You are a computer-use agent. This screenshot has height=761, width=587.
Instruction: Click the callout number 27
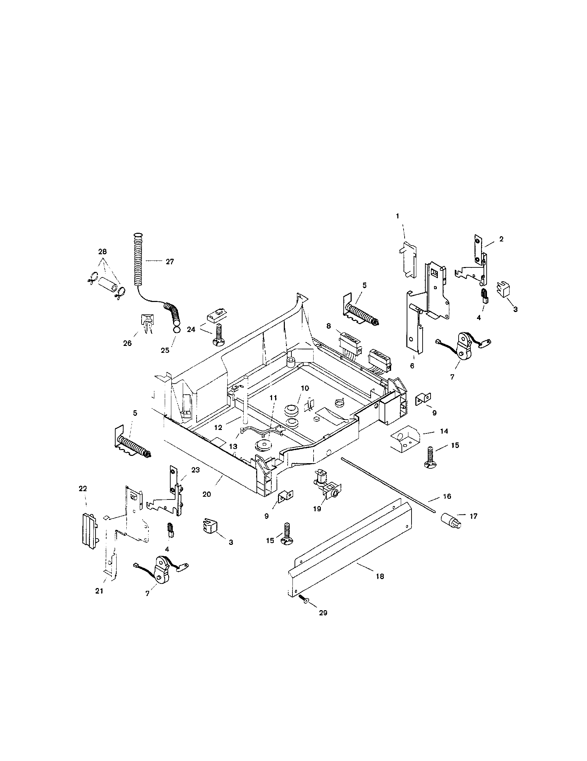click(169, 262)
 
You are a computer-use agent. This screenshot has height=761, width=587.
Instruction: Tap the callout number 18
click(380, 576)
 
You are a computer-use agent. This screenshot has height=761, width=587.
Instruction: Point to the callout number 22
click(83, 488)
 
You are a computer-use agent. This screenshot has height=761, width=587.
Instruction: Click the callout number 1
click(397, 216)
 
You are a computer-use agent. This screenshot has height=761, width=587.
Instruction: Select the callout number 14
click(444, 431)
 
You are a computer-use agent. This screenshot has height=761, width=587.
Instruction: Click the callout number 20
click(207, 494)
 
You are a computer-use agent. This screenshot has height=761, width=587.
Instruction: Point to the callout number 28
click(102, 251)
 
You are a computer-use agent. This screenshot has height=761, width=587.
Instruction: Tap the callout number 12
click(218, 427)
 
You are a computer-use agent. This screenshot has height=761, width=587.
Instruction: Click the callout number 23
click(195, 470)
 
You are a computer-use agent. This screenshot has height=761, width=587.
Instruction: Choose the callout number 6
click(412, 366)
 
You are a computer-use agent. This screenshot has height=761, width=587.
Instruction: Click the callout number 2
click(501, 239)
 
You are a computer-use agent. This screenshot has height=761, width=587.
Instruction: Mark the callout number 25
click(165, 350)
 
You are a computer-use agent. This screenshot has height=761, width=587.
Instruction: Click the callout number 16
click(447, 496)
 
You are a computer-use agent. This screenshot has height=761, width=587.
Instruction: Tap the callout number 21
click(99, 591)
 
